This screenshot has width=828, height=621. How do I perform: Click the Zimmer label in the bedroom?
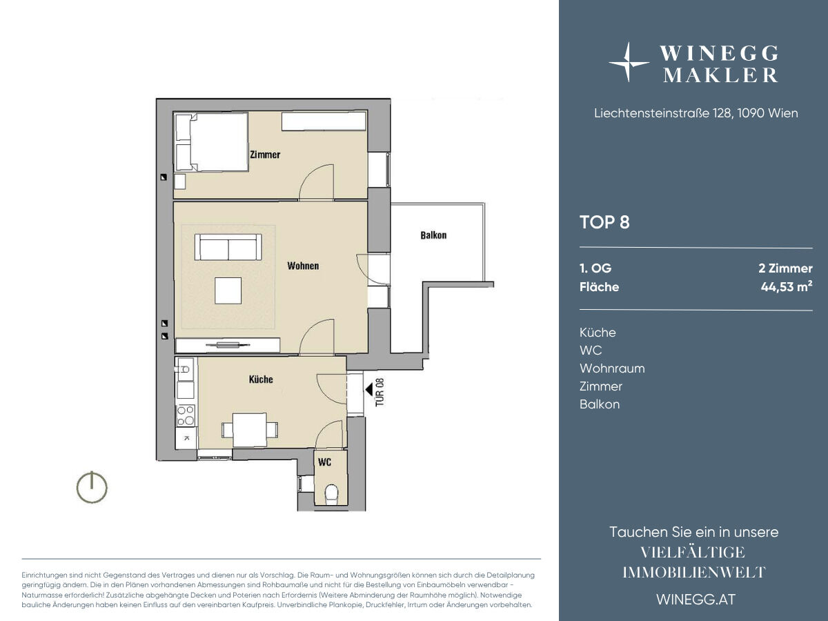point(265,155)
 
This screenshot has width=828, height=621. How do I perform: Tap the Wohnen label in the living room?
point(303,266)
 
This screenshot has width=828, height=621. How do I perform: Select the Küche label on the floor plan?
point(261,379)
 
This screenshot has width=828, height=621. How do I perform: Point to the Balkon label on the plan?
point(433,235)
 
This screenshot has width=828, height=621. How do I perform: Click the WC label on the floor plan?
point(324,462)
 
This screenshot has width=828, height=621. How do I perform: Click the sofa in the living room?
point(228,247)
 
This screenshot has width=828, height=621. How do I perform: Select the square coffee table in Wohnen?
point(228,290)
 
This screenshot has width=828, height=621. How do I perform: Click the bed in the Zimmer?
point(211,142)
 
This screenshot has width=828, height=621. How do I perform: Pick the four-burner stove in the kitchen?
point(186,415)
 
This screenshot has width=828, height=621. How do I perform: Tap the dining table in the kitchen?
point(249,430)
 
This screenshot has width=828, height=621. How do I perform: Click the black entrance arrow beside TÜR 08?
point(369,389)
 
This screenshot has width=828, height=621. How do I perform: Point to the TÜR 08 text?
point(380,392)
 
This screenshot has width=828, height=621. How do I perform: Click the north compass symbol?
point(92,488)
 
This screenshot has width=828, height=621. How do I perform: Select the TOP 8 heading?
point(604,222)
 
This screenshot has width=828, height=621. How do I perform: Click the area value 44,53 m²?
point(787,287)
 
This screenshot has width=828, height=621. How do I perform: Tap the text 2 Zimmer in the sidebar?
point(785,268)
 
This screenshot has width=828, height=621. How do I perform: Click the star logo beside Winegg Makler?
point(628,63)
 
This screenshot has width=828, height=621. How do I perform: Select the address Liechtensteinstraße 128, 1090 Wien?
point(696,113)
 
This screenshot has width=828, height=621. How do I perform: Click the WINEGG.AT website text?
point(696,600)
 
